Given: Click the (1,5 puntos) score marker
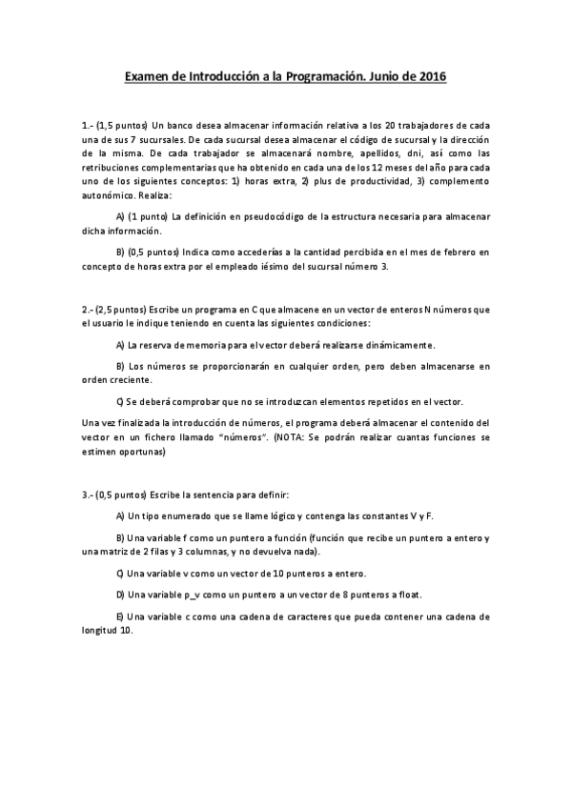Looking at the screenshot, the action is tap(122, 124).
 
